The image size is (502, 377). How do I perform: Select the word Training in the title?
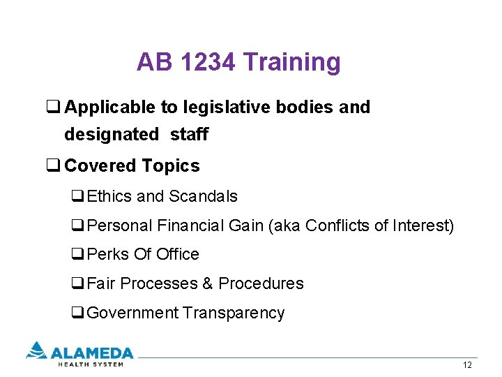point(291,63)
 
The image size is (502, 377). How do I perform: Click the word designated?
point(112,134)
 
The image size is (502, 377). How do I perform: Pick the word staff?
point(189,134)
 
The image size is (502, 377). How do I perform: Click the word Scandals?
point(203,196)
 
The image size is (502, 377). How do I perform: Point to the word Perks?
point(108,254)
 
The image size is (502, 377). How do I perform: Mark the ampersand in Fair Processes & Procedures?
point(207,283)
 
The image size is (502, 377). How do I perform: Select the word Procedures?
point(261,283)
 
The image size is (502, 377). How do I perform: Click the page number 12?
point(467,366)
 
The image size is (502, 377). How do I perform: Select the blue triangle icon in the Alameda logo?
point(36,350)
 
